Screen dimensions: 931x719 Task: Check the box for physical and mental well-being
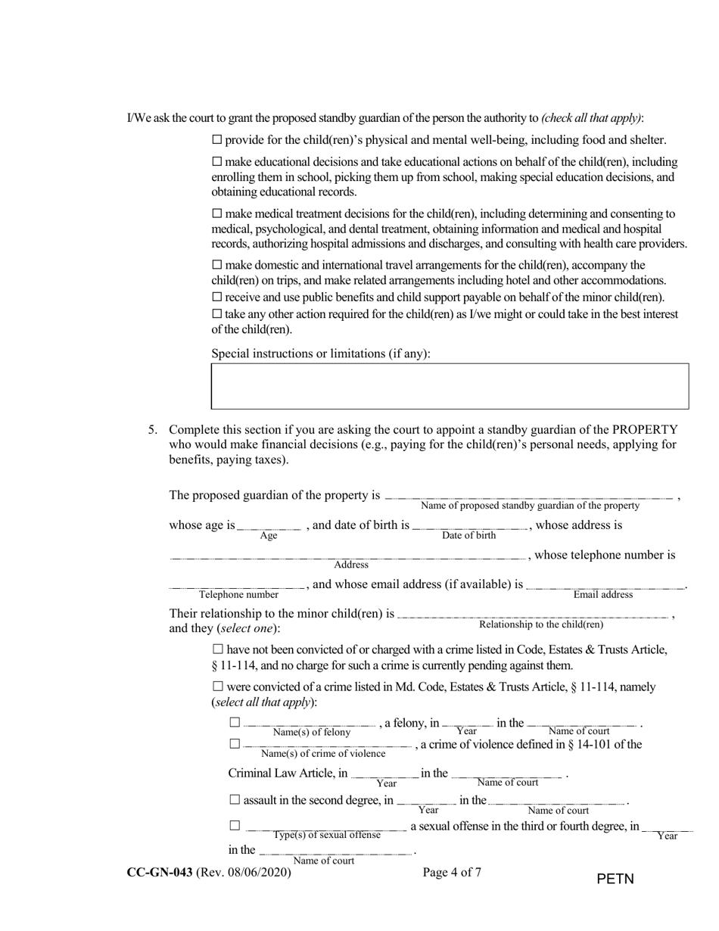217,140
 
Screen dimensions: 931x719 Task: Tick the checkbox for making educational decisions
217,162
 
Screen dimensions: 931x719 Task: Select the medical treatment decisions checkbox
217,214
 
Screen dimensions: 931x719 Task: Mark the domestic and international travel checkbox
217,265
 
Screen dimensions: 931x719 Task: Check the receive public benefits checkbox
217,297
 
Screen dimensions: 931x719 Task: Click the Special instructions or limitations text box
450,386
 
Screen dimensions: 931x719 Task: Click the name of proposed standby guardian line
529,497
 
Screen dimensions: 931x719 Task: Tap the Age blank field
269,527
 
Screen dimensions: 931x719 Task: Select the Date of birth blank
469,527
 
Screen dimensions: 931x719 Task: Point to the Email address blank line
605,587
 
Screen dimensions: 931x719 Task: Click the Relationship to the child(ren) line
534,616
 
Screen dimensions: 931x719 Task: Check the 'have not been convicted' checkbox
219,649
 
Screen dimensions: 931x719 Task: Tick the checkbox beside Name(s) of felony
235,723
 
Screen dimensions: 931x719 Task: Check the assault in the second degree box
235,800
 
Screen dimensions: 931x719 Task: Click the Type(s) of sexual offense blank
327,827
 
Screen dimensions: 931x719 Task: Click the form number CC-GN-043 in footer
160,872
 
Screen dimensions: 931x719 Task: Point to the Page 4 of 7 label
452,872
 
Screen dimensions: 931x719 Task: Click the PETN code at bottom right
615,879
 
